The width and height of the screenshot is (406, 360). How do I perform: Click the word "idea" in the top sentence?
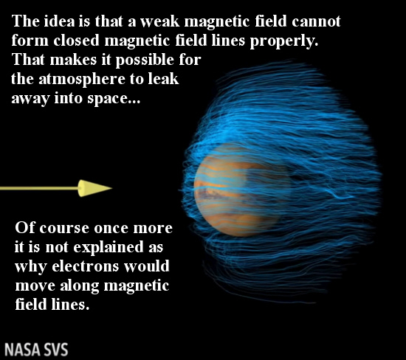(59, 21)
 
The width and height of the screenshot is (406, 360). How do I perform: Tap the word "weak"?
(159, 21)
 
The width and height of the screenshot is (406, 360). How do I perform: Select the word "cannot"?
(316, 21)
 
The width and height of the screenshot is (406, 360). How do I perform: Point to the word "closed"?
(76, 41)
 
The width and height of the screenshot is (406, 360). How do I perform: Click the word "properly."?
(284, 41)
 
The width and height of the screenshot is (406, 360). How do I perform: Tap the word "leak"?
(163, 79)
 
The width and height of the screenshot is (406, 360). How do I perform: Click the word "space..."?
(114, 99)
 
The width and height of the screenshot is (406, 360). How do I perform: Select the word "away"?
(30, 99)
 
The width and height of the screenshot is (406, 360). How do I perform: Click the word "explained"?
(109, 248)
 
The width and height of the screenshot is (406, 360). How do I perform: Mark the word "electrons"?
(85, 266)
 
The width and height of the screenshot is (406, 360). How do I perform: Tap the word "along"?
(80, 286)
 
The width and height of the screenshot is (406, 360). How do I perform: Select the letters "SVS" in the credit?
(55, 350)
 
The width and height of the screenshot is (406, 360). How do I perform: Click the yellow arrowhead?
(94, 188)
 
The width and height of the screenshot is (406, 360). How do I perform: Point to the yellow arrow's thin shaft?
(39, 188)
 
